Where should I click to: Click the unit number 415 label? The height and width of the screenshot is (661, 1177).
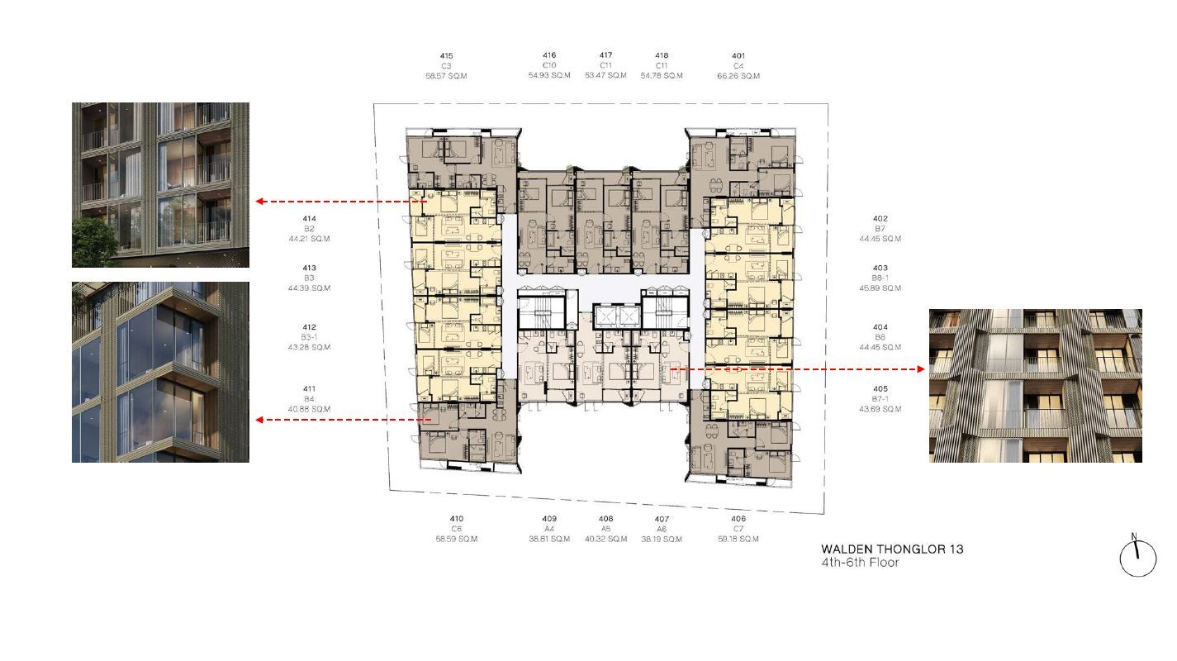pos(446,55)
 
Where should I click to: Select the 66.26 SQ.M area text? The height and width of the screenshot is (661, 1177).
pos(738,76)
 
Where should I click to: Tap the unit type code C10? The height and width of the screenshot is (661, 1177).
pos(549,65)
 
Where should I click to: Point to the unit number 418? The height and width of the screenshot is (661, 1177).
pos(662,55)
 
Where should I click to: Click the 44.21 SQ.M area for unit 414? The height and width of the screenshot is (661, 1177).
pos(309,239)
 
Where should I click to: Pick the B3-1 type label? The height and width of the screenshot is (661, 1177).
pos(309,337)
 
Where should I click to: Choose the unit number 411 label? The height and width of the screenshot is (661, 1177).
pos(309,389)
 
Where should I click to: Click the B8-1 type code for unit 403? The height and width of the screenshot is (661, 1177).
pos(880,278)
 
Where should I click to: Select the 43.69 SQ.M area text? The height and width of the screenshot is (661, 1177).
pos(880,409)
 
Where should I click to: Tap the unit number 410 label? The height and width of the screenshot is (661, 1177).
pos(457,519)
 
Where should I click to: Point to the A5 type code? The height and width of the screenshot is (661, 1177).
pos(605,529)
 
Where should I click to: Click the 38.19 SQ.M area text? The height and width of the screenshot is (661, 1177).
pos(662,539)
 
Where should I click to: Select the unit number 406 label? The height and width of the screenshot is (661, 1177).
pos(738,519)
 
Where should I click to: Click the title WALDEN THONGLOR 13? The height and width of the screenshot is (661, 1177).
pos(892,549)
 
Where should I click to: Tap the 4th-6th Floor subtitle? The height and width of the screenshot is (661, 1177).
pos(860,563)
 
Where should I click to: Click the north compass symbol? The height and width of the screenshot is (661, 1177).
pos(1137,556)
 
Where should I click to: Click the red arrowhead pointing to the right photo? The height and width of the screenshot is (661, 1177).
pos(921,369)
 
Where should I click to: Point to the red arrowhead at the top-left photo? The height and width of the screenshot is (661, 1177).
pos(259,202)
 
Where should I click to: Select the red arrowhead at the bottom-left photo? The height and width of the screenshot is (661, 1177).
pos(259,420)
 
